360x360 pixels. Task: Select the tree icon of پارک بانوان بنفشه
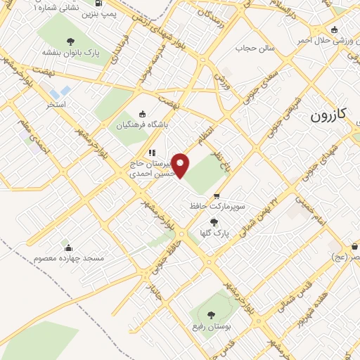tap(72, 40)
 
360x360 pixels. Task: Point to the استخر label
tap(56, 104)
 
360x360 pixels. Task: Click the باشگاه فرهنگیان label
tap(142, 127)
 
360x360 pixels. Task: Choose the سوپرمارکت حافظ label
tap(217, 207)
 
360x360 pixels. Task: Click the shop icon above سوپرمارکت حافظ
tap(217, 196)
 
